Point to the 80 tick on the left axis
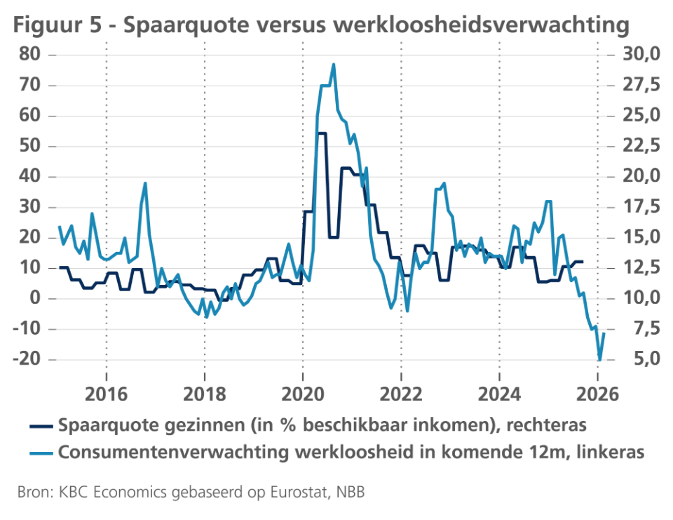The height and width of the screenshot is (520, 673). tap(32, 55)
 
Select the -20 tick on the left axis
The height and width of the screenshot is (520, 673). tap(27, 359)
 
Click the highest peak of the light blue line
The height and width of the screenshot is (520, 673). tap(333, 64)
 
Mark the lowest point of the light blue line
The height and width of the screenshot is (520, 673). tap(599, 360)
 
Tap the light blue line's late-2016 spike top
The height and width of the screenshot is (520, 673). tap(145, 183)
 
